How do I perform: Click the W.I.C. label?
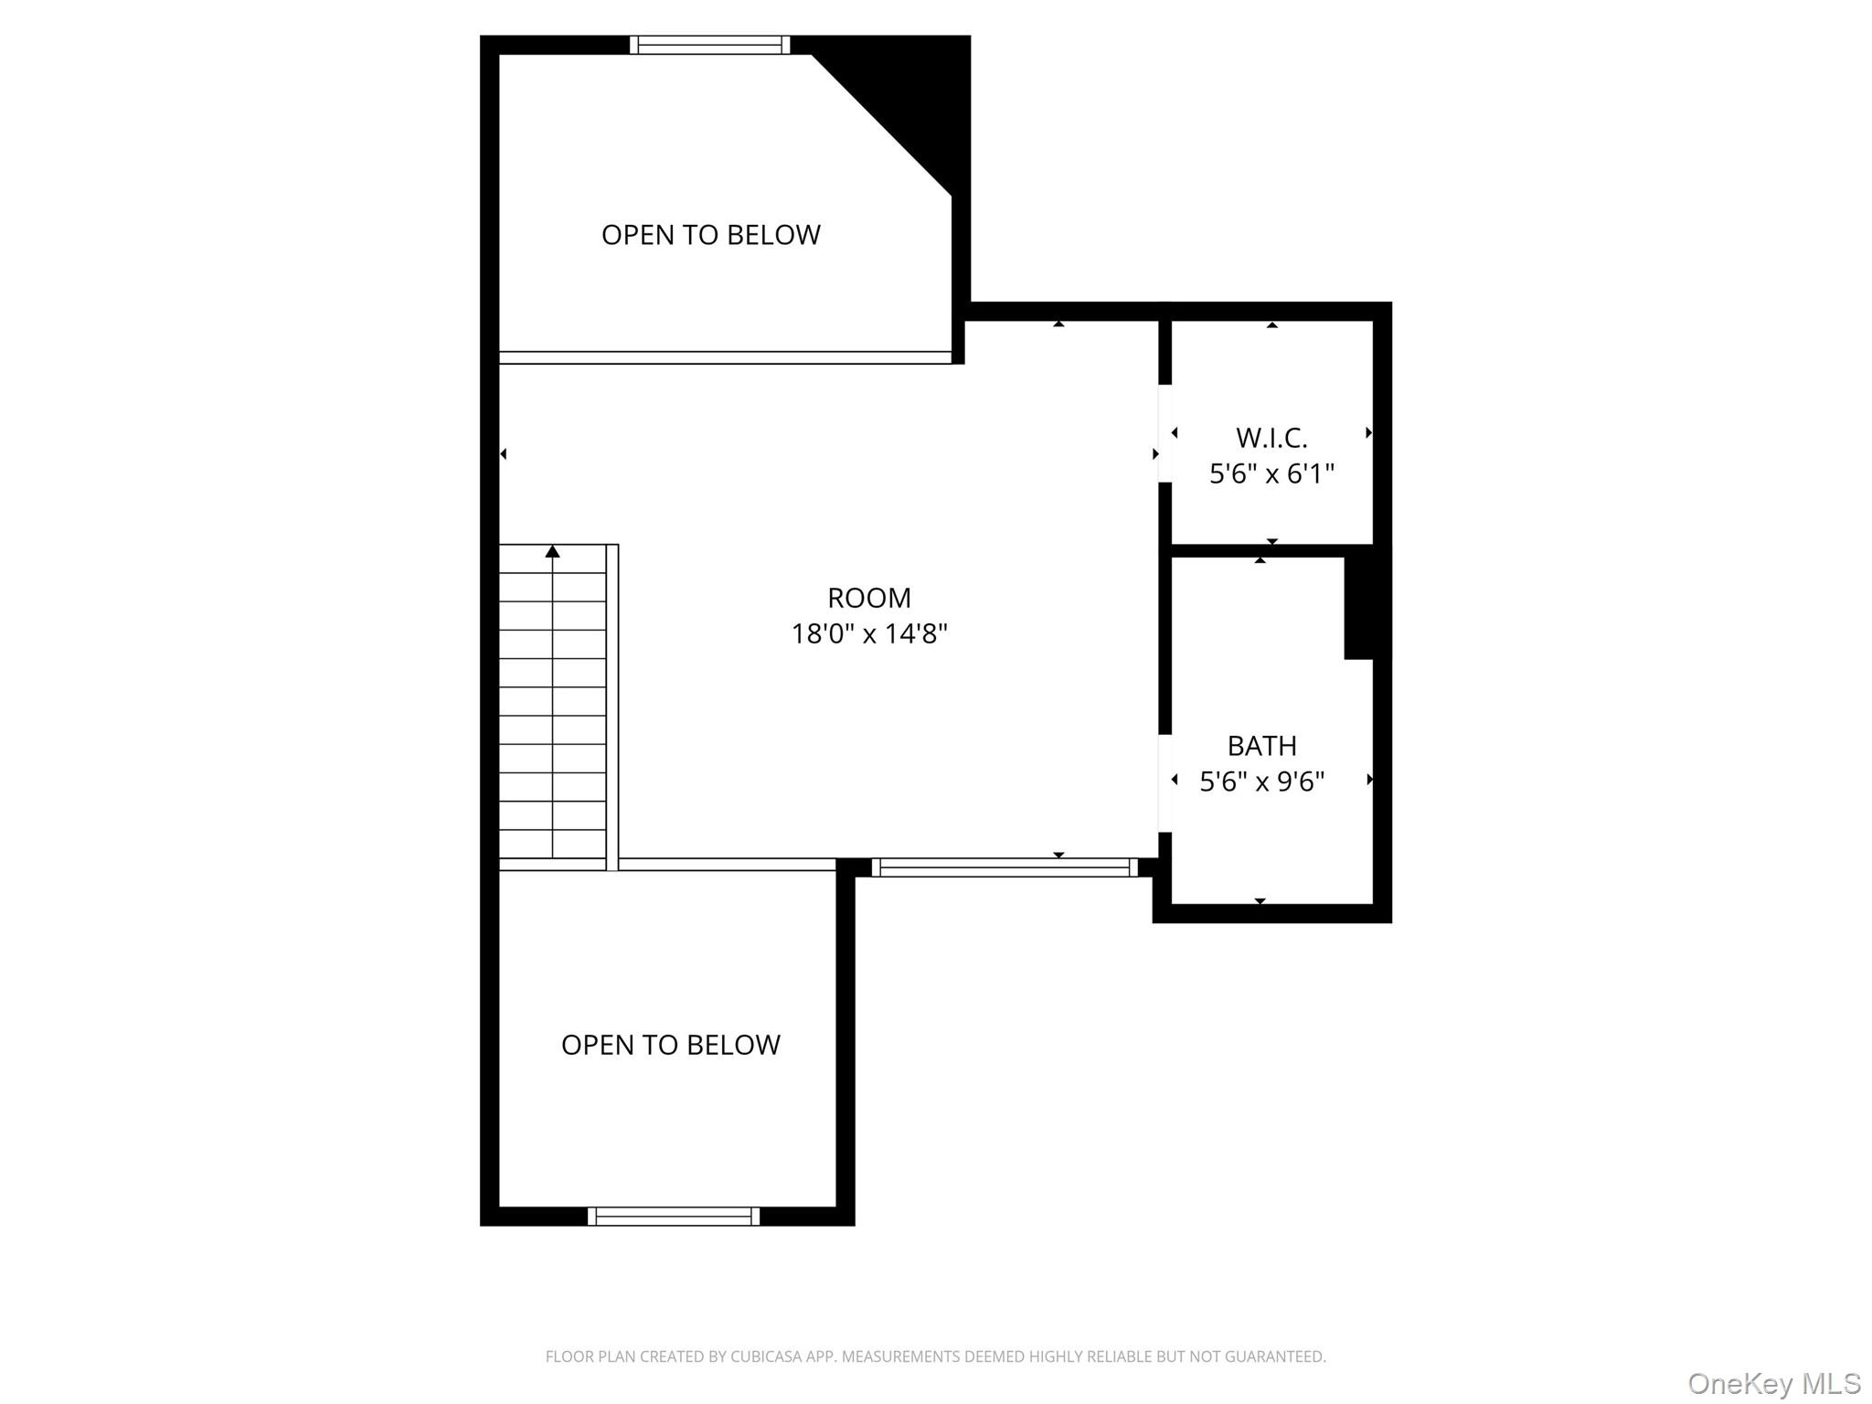coord(1271,438)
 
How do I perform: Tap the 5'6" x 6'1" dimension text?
coord(1271,473)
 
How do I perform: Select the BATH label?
coord(1261,746)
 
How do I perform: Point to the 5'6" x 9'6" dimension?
coord(1261,782)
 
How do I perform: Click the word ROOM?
coord(869,598)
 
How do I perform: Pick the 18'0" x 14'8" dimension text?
coord(869,633)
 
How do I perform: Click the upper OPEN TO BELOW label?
coord(710,235)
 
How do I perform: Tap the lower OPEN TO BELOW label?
coord(670,1045)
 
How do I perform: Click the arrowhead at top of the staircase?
coord(552,551)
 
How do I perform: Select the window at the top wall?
coord(709,45)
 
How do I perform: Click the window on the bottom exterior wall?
coord(673,1216)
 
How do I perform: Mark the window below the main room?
coord(1005,867)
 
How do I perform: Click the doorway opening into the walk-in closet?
coord(1165,433)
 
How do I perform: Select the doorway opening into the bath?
coord(1165,782)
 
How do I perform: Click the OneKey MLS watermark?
coord(1774,1383)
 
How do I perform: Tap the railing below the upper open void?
coord(725,357)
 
